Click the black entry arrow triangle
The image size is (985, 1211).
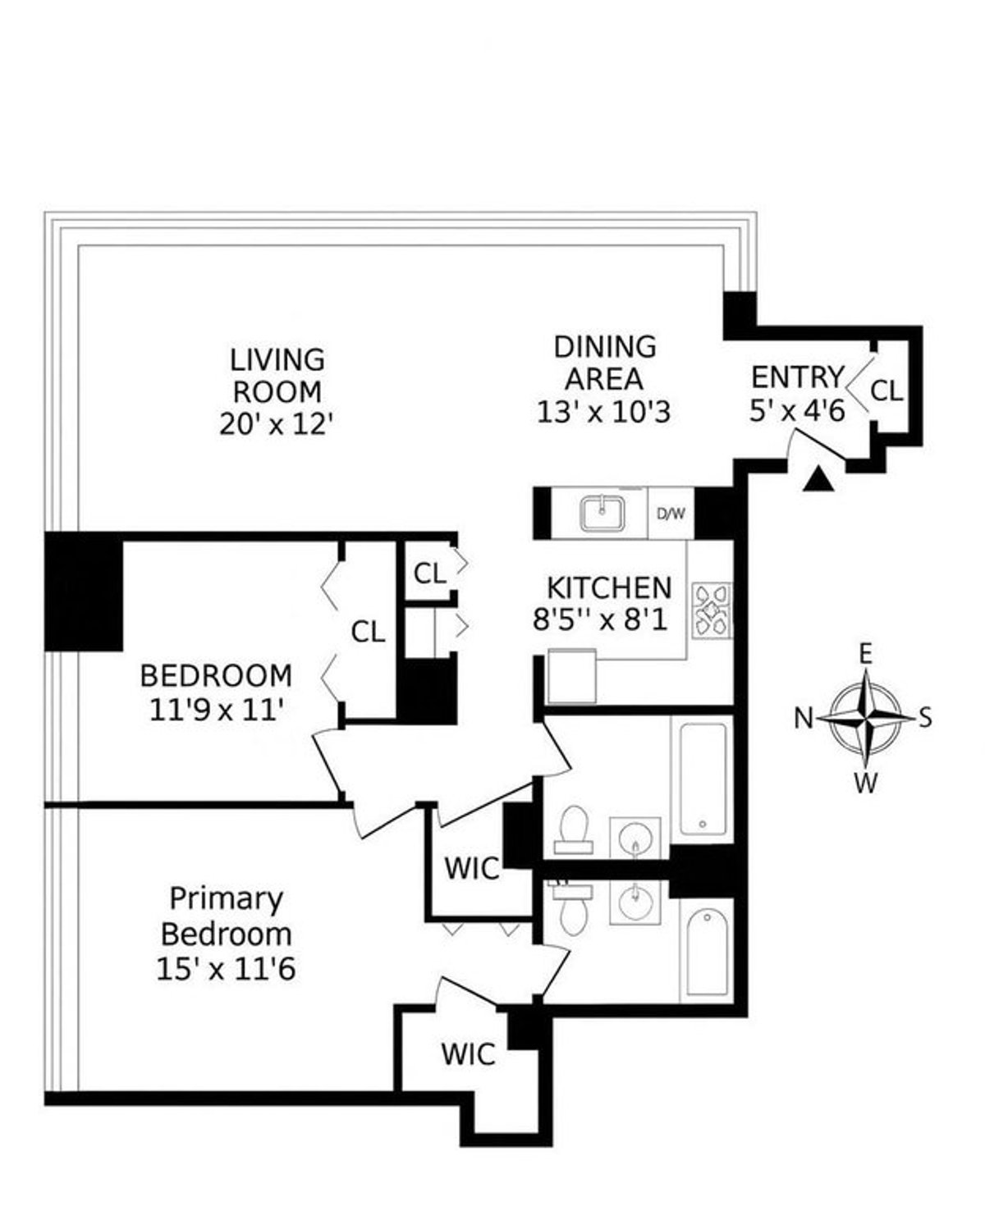click(818, 481)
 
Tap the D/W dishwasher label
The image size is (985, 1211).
click(671, 514)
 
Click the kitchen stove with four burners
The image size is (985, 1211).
click(711, 609)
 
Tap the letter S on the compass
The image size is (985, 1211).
click(925, 719)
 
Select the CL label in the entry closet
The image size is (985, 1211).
click(886, 391)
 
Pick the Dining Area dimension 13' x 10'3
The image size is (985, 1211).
click(603, 411)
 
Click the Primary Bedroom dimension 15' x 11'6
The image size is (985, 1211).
click(225, 969)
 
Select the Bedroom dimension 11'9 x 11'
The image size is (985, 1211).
click(216, 709)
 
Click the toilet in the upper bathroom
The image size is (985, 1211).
click(571, 827)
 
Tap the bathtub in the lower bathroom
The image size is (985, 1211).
click(706, 952)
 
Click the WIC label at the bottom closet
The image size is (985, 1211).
click(468, 1053)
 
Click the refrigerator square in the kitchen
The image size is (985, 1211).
click(571, 675)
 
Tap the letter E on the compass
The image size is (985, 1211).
click(865, 654)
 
